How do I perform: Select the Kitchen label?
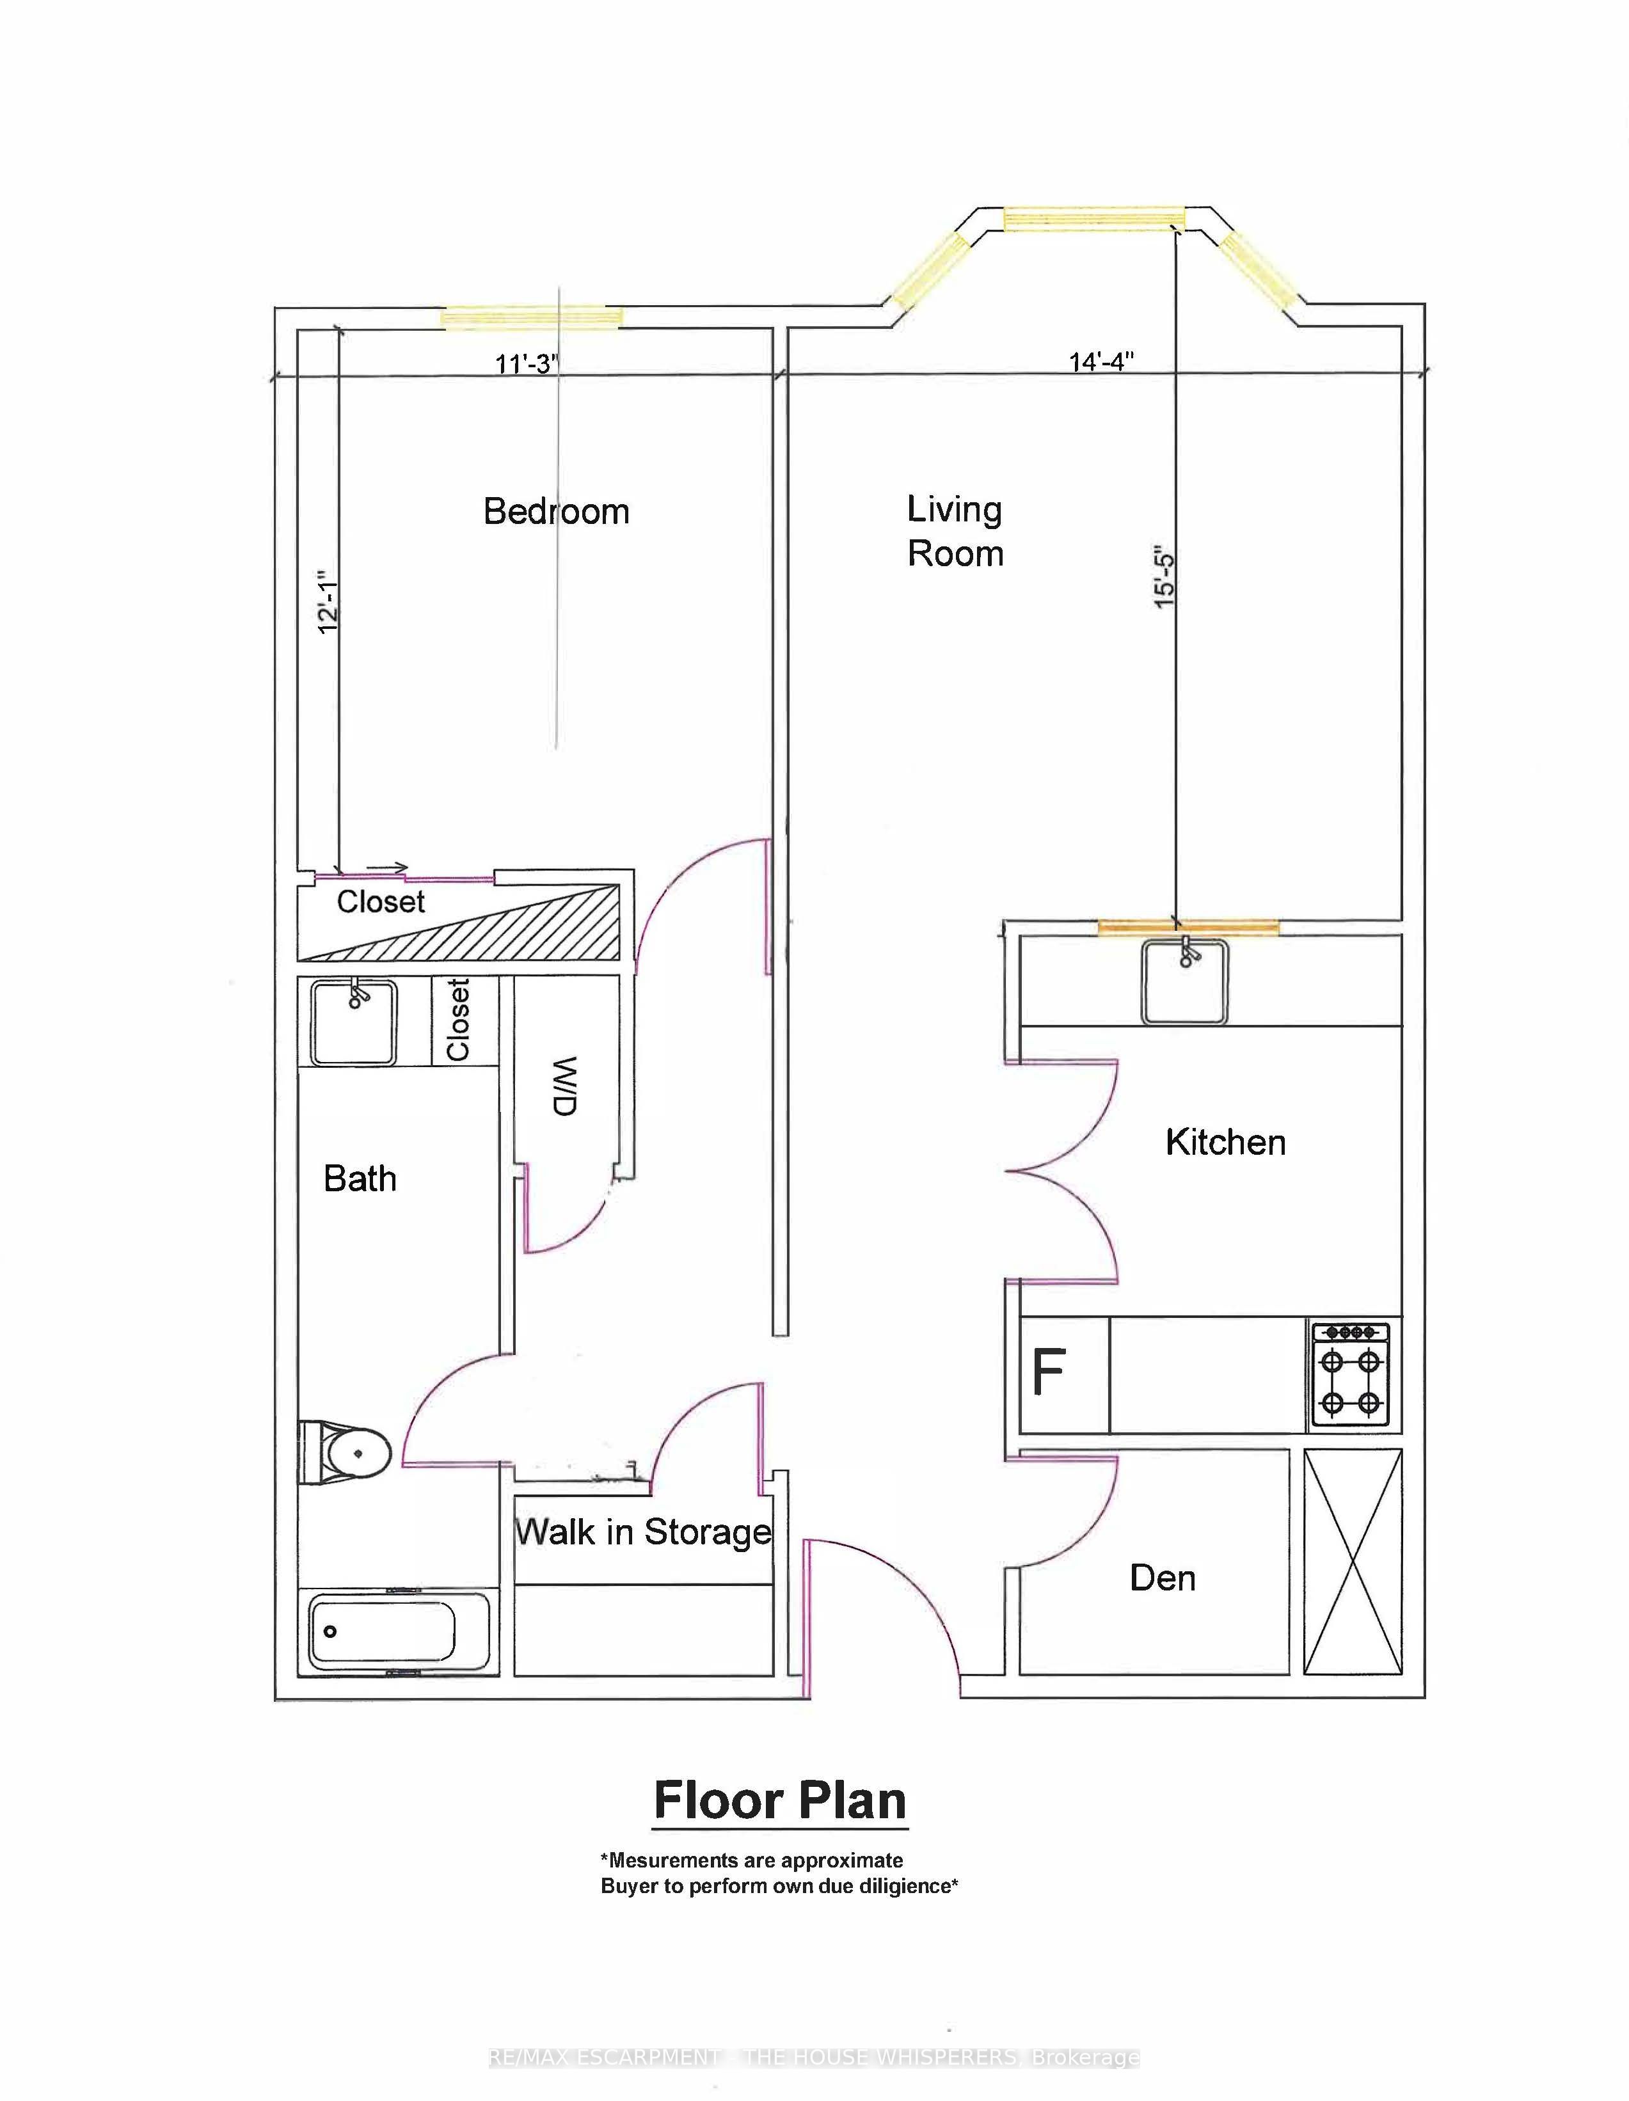[x=1225, y=1142]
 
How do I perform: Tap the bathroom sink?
[x=353, y=1022]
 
